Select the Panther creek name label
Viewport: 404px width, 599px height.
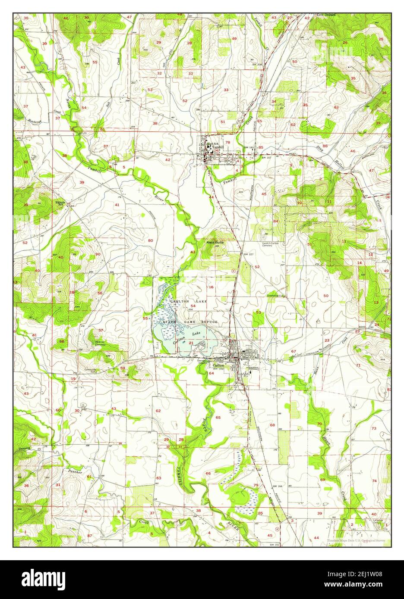point(74,471)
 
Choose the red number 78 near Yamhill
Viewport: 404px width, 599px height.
point(227,142)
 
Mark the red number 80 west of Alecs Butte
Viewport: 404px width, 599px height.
point(150,240)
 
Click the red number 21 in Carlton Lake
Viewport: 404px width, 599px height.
point(191,343)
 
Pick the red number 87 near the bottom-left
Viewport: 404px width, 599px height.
point(89,536)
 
